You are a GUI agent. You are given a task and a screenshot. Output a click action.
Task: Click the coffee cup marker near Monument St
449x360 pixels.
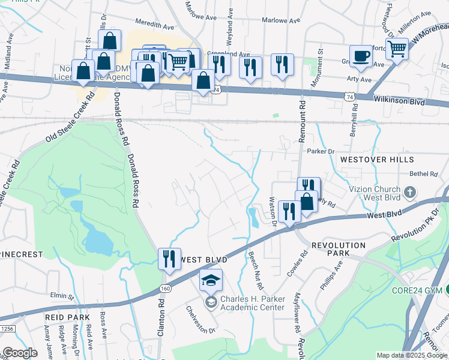coord(360,56)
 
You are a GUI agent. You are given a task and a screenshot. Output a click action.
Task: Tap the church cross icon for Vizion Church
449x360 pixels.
coord(410,193)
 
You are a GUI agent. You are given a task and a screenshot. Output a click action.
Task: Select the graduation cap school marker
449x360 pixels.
coord(211,281)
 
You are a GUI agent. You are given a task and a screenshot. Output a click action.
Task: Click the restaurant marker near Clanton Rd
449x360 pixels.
coord(169,259)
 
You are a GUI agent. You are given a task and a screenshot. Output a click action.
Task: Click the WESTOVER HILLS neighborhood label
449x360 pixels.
coord(376,160)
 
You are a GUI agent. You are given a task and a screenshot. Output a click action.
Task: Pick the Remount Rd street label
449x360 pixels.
coord(302,121)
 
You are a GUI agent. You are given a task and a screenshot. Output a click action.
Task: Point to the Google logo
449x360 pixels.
coord(20,353)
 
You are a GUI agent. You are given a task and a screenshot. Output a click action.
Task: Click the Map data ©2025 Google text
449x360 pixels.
coord(411,355)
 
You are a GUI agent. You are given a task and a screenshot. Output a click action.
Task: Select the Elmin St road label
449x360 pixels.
coord(62,296)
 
